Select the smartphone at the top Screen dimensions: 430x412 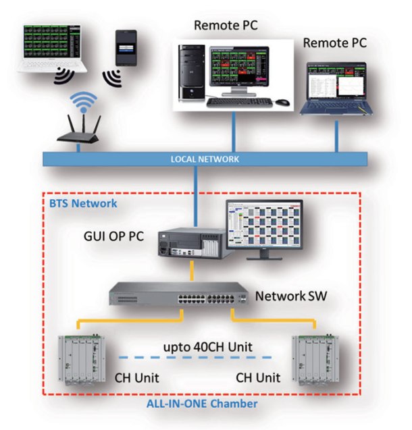pyautogui.click(x=126, y=47)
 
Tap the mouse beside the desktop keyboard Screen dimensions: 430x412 pyautogui.click(x=282, y=102)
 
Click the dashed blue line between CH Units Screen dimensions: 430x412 pyautogui.click(x=196, y=357)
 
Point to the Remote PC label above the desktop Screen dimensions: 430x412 pyautogui.click(x=226, y=26)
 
